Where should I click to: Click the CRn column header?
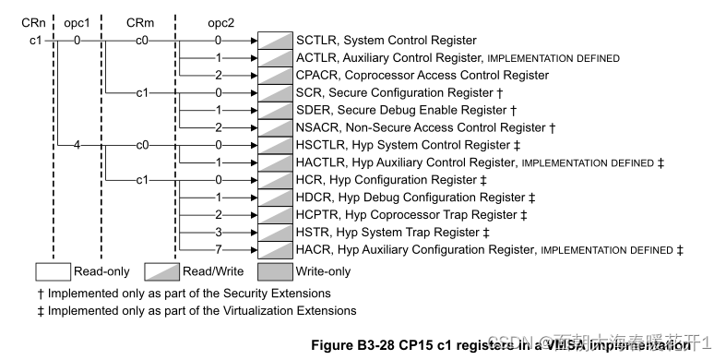pyautogui.click(x=34, y=19)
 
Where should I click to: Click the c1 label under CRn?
pyautogui.click(x=34, y=41)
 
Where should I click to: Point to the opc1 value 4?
pyautogui.click(x=77, y=145)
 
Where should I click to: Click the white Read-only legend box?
pyautogui.click(x=54, y=272)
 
